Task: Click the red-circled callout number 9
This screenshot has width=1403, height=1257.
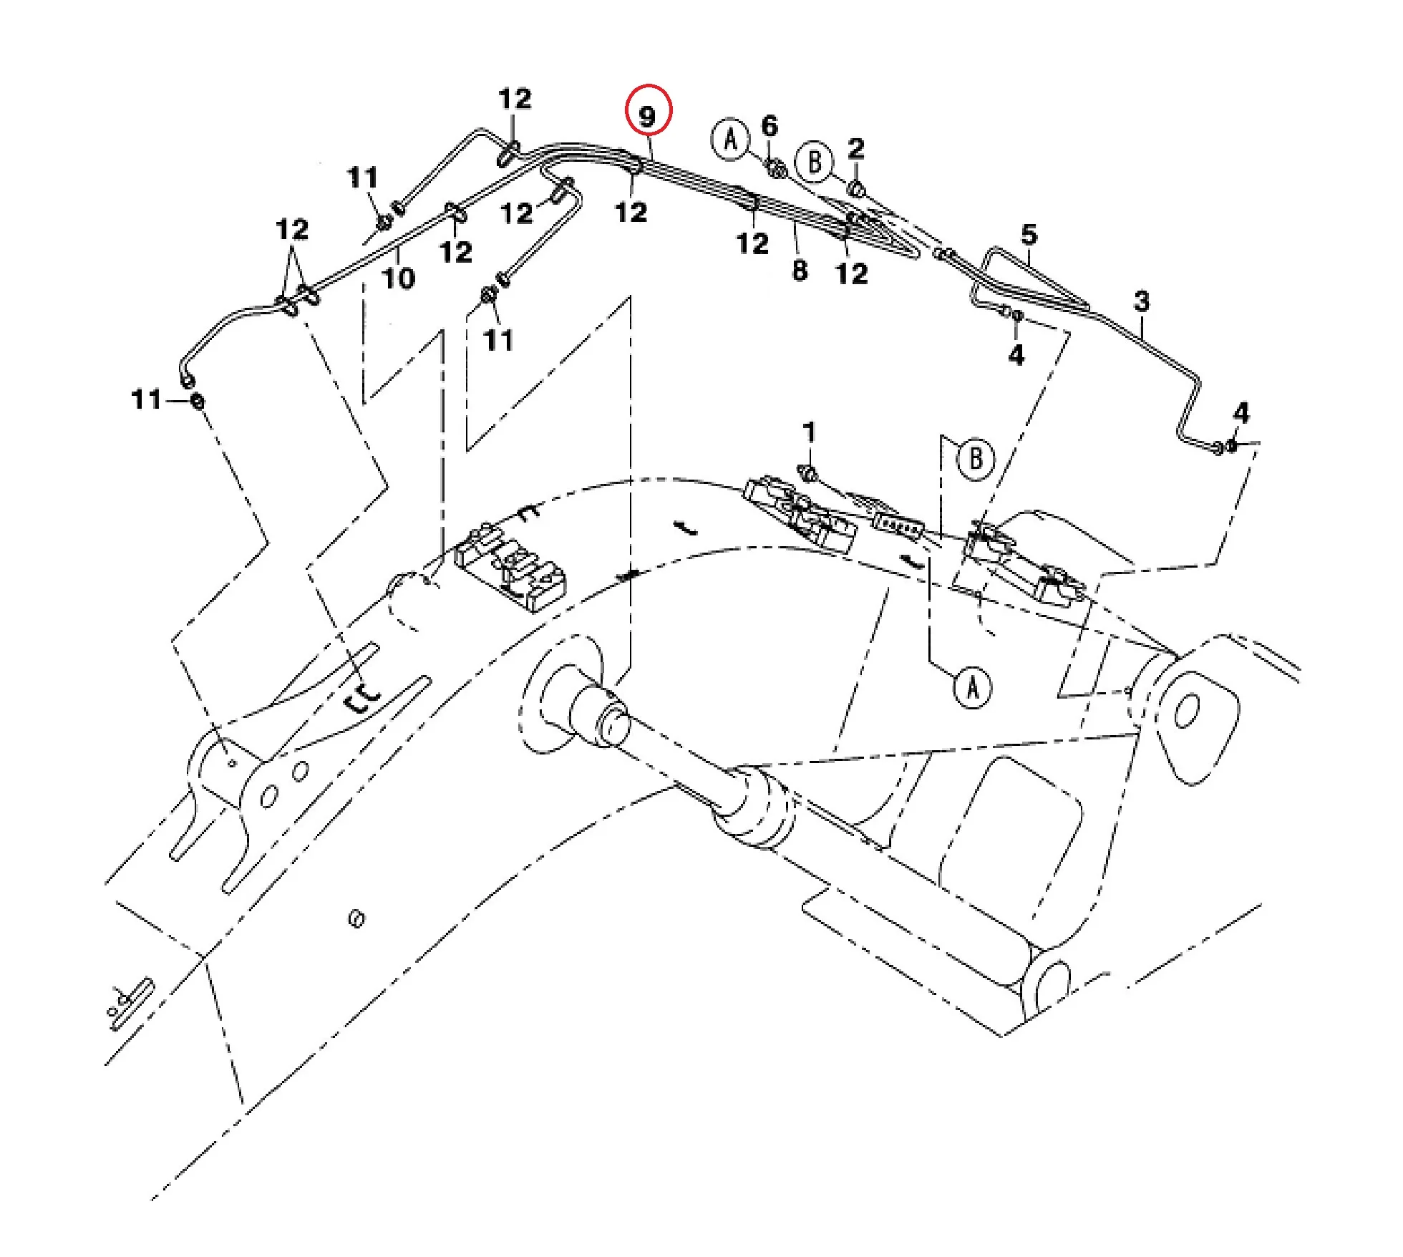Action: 648,115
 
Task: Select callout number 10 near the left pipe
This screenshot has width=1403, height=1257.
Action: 399,278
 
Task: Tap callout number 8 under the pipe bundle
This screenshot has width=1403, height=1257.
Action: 800,270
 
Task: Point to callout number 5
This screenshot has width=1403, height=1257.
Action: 1029,234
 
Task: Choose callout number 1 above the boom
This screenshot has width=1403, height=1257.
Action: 809,432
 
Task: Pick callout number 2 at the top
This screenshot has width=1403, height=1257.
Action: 855,149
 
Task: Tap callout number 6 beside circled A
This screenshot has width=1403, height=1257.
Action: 770,126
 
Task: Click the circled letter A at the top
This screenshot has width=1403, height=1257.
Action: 730,139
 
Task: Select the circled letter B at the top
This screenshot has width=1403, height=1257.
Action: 815,162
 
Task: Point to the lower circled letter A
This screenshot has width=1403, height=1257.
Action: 972,688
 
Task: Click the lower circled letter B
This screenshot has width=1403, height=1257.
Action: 976,458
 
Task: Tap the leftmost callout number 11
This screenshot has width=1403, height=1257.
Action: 147,399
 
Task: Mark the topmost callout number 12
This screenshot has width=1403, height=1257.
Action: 515,99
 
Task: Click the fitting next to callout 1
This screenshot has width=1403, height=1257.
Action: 807,472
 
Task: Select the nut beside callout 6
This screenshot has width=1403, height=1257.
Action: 777,170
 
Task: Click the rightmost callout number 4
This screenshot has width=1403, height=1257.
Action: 1241,413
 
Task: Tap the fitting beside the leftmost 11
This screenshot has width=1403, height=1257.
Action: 197,401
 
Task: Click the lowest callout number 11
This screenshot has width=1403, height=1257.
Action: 498,340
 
